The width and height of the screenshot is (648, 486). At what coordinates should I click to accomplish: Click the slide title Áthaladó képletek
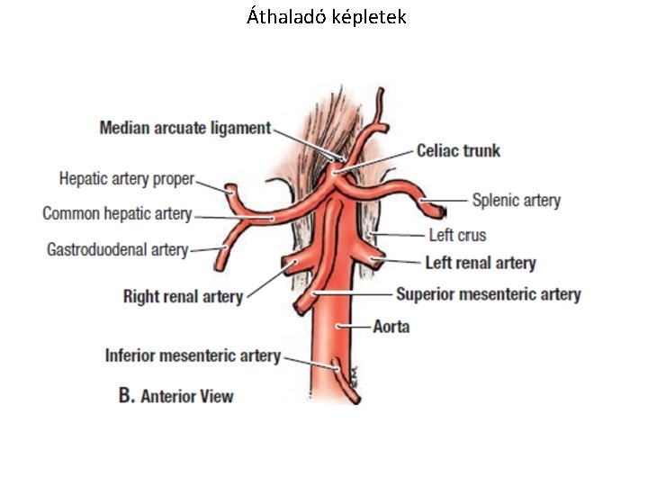click(x=326, y=17)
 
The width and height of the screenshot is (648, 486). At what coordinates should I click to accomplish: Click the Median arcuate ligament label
click(x=184, y=128)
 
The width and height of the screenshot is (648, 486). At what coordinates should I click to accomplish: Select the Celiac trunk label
click(x=458, y=150)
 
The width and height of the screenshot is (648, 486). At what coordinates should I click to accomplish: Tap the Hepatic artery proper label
click(x=126, y=179)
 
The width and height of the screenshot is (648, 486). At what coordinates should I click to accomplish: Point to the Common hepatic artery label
click(x=117, y=214)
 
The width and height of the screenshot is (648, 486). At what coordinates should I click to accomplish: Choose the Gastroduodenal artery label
click(x=117, y=249)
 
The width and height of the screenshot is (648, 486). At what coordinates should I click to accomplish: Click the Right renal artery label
click(x=183, y=296)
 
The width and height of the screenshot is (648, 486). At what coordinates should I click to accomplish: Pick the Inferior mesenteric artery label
click(x=193, y=355)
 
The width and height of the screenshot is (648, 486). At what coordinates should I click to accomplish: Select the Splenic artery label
click(x=516, y=201)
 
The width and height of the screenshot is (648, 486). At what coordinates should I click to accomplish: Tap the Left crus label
click(x=456, y=235)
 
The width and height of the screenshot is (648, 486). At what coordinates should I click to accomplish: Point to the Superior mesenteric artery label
click(x=488, y=294)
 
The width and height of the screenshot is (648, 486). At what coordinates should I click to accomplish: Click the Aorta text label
click(x=391, y=326)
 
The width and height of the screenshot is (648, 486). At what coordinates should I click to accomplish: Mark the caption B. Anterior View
click(x=176, y=395)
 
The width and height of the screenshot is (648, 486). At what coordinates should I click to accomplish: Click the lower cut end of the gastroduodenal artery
click(x=220, y=266)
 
